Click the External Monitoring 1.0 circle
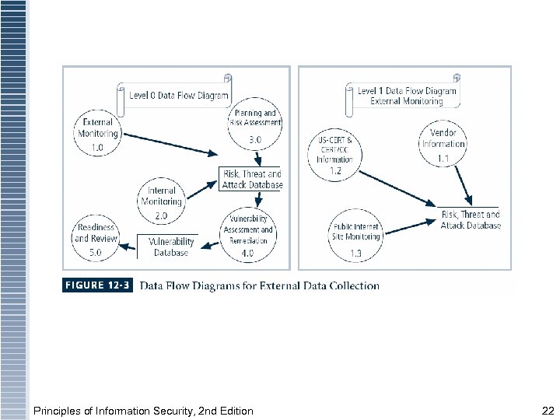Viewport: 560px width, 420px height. [x=97, y=134]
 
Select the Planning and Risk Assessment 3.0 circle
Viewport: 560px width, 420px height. [x=254, y=124]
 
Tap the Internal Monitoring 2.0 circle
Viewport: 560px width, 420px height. [x=161, y=201]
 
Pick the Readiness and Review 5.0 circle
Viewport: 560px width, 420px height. [x=96, y=233]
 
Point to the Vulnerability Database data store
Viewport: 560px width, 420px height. [x=170, y=247]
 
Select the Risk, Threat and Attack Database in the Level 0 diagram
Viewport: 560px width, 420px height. [x=251, y=179]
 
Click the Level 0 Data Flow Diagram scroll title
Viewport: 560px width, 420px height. [x=174, y=96]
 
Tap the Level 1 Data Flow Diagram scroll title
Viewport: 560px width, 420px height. [x=401, y=96]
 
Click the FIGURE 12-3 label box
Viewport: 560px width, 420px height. [x=96, y=285]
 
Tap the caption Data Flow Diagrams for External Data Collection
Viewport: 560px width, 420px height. [x=259, y=285]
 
